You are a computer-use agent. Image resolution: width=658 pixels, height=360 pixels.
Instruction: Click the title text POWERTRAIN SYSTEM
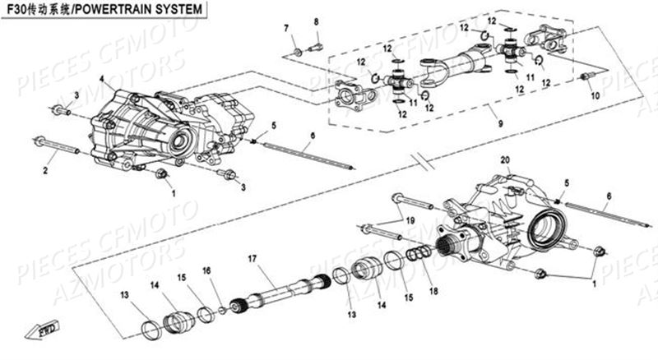click(x=149, y=11)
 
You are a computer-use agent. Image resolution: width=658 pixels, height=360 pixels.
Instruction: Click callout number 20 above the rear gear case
click(x=504, y=159)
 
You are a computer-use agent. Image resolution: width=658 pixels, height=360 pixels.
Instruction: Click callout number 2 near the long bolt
click(x=46, y=170)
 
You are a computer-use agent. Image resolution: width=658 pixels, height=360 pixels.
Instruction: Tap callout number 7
click(x=287, y=30)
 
